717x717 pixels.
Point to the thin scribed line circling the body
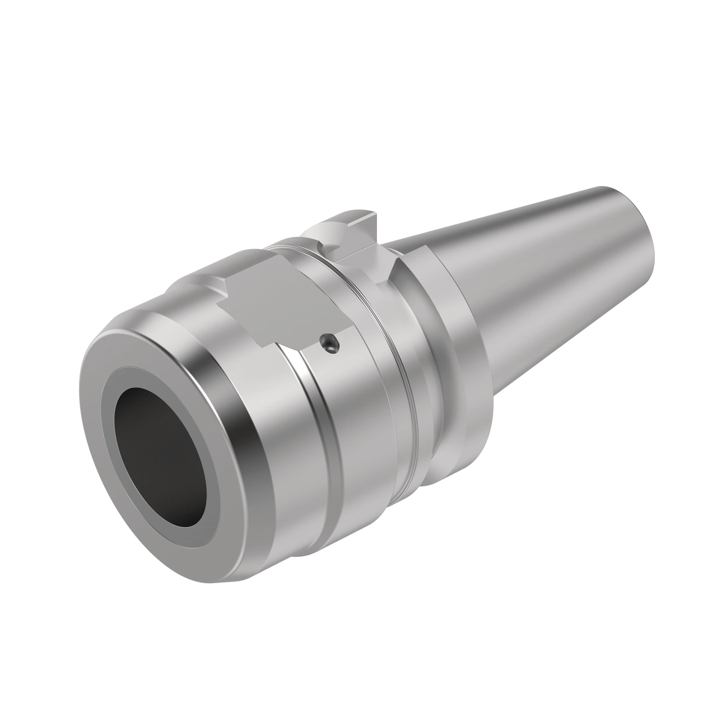(x=392, y=364)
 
